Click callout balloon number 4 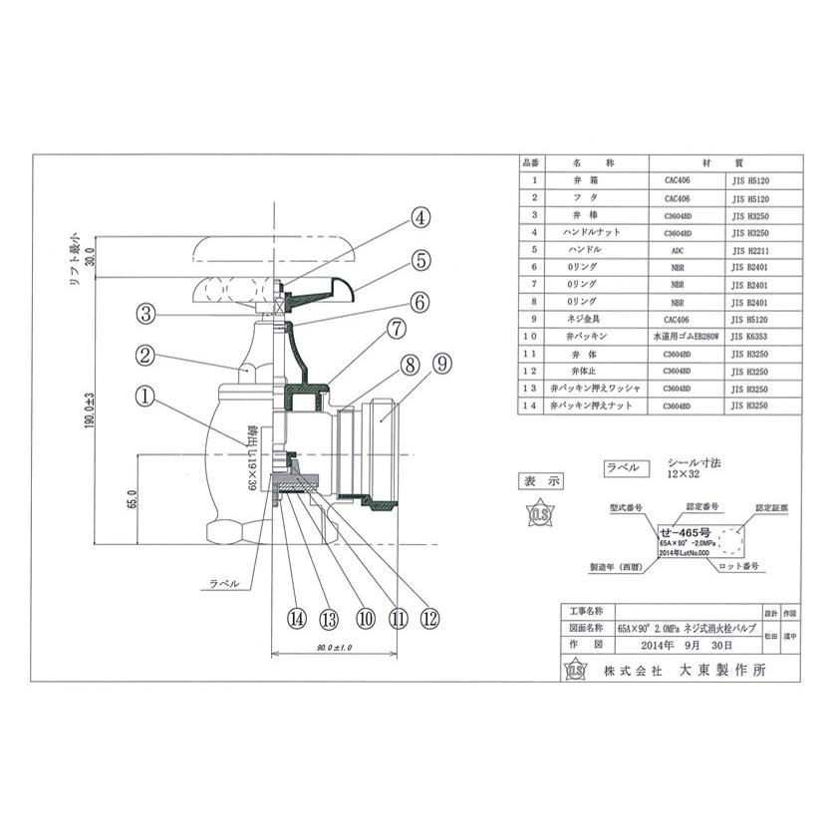pos(421,216)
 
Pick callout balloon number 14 pos(296,618)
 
